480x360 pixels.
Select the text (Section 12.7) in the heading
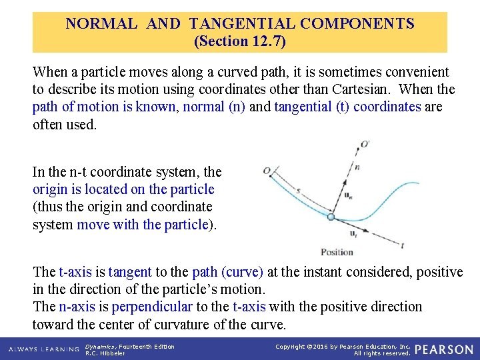click(239, 41)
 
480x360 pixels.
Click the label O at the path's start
click(267, 172)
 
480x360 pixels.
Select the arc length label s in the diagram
click(298, 191)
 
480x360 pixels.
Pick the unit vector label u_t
click(353, 234)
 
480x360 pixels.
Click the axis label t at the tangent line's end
click(402, 245)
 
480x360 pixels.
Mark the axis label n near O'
click(357, 167)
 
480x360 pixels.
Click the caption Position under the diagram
click(337, 252)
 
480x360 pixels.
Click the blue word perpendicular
click(152, 307)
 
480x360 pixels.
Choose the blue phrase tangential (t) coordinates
click(347, 107)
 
